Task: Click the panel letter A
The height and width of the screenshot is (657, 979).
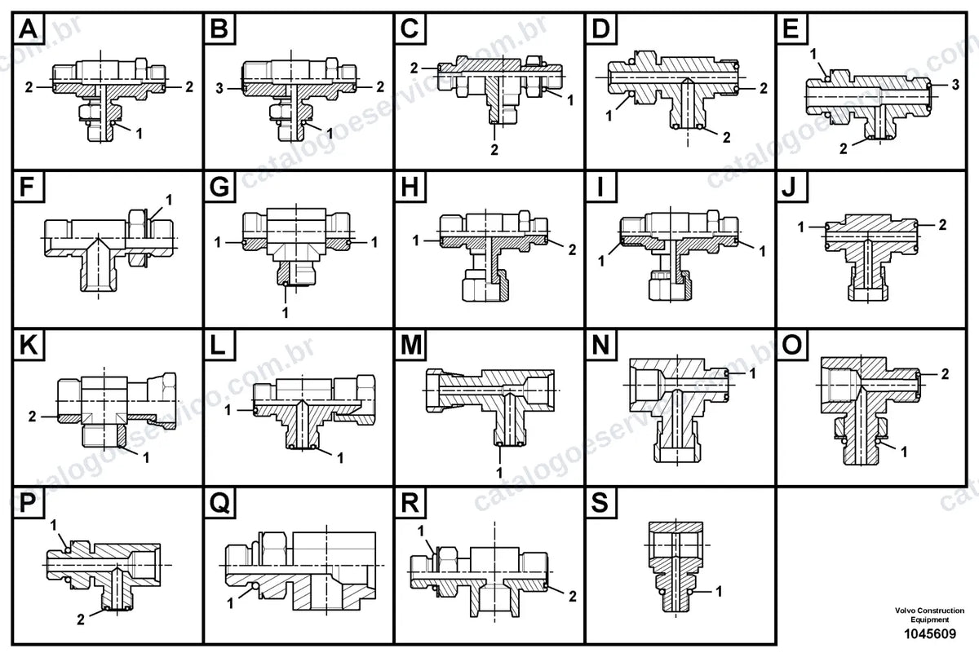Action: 29,29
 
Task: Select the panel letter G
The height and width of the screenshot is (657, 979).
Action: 219,187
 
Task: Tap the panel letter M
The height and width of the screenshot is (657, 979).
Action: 411,346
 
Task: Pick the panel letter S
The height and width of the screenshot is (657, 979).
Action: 600,502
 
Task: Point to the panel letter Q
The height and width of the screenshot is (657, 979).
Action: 219,503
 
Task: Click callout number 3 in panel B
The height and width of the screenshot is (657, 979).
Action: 219,89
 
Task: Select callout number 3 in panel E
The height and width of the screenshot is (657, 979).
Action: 955,85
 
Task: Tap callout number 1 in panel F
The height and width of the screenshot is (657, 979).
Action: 169,200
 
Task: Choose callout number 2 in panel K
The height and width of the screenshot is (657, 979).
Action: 32,417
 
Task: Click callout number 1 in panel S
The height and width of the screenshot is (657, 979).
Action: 719,592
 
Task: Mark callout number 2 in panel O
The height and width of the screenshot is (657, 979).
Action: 945,374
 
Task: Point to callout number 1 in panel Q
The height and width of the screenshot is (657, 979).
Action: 230,603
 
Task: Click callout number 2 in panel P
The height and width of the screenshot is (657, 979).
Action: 81,620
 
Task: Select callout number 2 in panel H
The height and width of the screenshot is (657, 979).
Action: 572,249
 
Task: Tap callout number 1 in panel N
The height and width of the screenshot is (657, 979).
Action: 752,373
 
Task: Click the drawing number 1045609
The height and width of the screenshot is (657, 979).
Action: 929,633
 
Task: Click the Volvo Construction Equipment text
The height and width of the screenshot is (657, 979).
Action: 929,615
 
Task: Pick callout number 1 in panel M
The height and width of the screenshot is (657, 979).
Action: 499,472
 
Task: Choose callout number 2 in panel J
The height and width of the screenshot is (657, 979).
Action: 942,225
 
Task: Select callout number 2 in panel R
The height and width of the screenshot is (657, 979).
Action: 572,597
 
